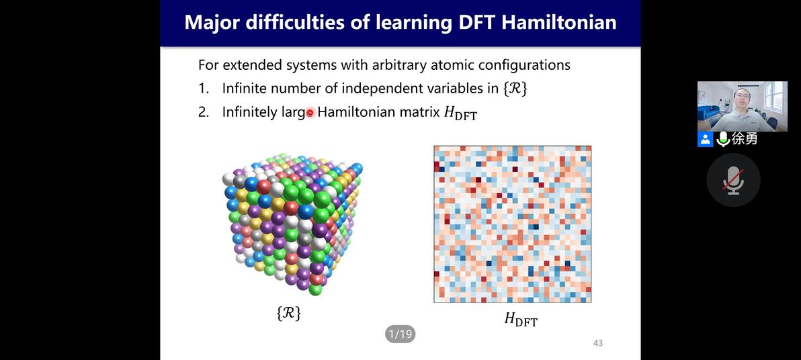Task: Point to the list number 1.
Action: click(x=204, y=88)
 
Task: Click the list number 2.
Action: click(x=204, y=112)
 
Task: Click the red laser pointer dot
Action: click(x=310, y=113)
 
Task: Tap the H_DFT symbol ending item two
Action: click(x=460, y=113)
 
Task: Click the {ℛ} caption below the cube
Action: click(x=288, y=312)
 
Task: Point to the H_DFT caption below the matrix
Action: click(x=521, y=320)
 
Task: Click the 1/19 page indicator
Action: click(x=400, y=334)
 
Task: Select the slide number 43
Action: click(x=597, y=343)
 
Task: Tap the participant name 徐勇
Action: click(x=745, y=139)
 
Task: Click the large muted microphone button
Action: click(x=733, y=180)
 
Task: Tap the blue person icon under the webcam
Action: click(x=705, y=139)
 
